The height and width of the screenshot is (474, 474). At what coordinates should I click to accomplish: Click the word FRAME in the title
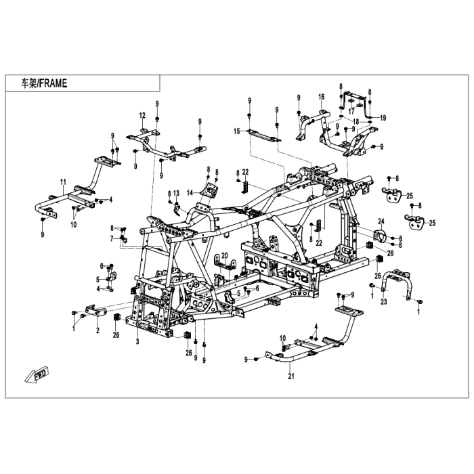click(x=53, y=83)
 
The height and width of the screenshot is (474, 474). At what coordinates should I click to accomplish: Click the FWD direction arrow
click(x=37, y=374)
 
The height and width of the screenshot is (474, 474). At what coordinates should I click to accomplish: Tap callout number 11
click(x=63, y=182)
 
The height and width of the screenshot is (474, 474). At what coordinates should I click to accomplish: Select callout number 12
click(x=142, y=115)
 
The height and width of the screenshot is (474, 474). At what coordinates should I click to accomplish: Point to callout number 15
click(x=237, y=131)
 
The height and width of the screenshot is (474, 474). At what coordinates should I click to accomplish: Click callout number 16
click(x=322, y=97)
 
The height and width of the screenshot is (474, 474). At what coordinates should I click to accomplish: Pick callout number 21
click(x=291, y=376)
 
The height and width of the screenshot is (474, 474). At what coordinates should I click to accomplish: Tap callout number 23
click(x=384, y=302)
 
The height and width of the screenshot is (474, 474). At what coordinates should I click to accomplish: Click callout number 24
click(x=381, y=221)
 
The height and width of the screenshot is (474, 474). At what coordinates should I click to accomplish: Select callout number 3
click(x=137, y=342)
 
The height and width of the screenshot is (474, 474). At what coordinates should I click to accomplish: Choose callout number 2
click(x=98, y=330)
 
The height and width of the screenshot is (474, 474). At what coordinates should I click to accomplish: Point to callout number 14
click(x=190, y=193)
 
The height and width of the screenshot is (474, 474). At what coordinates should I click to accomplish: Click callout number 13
click(x=177, y=193)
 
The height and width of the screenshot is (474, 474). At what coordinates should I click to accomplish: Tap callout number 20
click(x=225, y=256)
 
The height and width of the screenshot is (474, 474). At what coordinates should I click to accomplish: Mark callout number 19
click(x=383, y=118)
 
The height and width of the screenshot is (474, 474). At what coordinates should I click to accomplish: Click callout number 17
click(x=351, y=111)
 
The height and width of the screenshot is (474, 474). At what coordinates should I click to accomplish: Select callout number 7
click(x=112, y=239)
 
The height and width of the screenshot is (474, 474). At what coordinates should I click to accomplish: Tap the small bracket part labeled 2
click(x=96, y=311)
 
